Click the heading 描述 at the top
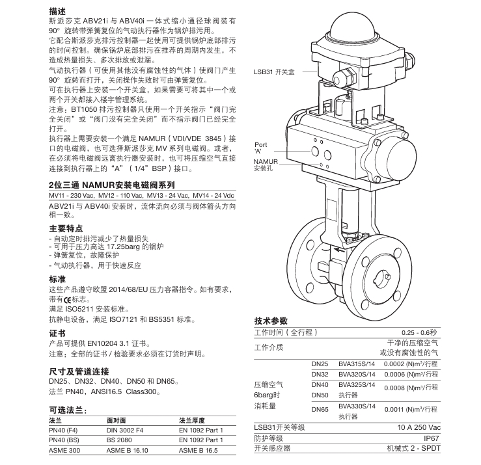(x=57, y=12)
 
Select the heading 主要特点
(x=66, y=228)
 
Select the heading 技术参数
(x=271, y=321)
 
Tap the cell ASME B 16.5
(x=200, y=449)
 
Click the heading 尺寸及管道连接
(x=79, y=370)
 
